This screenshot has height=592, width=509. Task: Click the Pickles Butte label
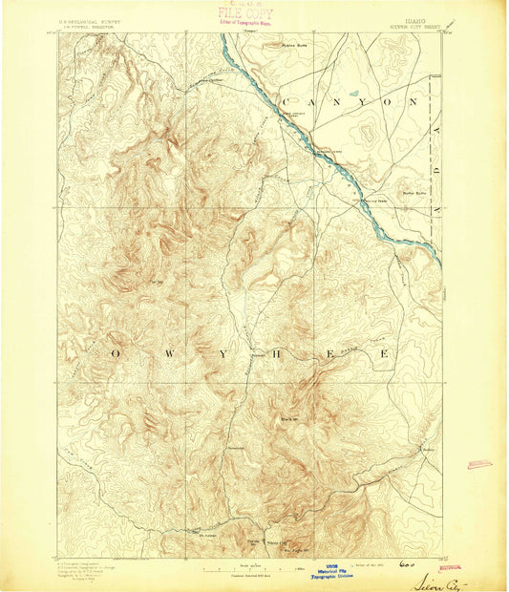click(x=297, y=45)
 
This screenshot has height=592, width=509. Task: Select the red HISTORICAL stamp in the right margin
click(x=479, y=464)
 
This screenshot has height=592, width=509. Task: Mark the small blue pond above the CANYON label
click(x=355, y=94)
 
